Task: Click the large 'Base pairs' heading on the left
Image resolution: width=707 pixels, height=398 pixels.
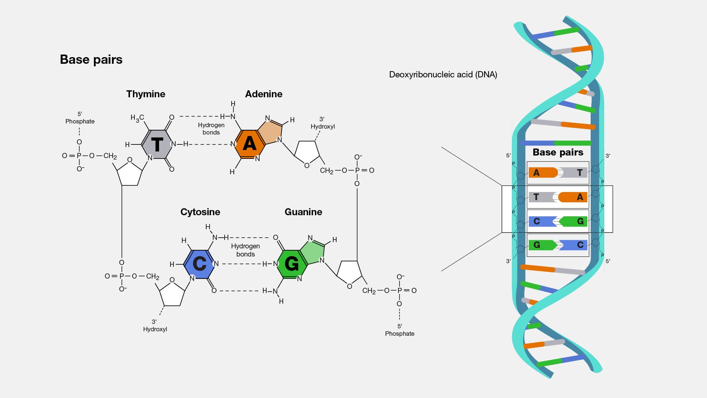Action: [91, 60]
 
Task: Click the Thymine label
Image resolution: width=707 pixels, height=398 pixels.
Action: [145, 94]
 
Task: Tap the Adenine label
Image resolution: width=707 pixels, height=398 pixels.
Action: [264, 94]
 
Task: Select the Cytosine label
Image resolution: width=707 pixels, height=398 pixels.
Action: [200, 212]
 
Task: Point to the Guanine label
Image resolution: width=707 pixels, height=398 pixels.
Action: [303, 212]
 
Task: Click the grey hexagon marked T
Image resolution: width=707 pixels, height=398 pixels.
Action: [157, 144]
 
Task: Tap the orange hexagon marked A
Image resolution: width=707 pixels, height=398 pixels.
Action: [249, 144]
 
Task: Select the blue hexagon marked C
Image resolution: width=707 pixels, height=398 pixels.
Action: [199, 263]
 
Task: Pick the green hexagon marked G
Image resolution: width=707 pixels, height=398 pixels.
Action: [292, 263]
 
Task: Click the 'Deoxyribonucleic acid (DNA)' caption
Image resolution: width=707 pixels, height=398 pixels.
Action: [443, 74]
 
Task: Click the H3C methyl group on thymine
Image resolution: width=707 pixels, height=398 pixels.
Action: [137, 118]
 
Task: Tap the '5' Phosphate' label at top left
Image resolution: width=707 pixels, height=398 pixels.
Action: [80, 118]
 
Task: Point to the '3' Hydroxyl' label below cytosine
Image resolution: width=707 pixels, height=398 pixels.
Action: [155, 325]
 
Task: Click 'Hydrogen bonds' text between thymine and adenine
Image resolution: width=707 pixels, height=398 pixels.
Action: [211, 129]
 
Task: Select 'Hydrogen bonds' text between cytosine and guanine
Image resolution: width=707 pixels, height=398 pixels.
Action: [245, 250]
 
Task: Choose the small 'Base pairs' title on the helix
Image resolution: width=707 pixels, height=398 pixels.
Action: [558, 152]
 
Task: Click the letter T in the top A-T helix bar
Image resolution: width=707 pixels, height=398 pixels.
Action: [580, 172]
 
